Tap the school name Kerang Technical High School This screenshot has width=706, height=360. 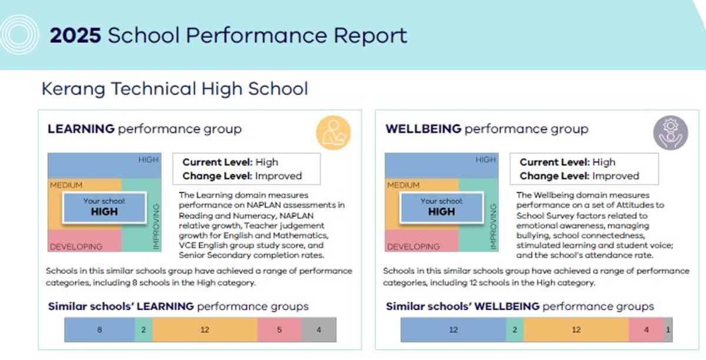point(175,89)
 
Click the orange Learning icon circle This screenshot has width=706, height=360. point(333,132)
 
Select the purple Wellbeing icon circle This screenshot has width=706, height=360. point(670,132)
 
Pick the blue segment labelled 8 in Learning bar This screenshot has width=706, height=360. point(99,330)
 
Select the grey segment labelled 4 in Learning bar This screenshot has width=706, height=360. point(319,330)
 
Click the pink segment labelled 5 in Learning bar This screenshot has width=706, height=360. point(279,330)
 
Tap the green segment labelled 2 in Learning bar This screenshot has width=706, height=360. point(144,330)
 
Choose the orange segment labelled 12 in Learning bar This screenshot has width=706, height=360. point(205,330)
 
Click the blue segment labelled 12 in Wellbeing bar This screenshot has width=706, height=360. point(453,330)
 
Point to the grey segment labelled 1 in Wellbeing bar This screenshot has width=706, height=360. point(668,330)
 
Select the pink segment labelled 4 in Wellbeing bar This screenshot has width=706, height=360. point(646,330)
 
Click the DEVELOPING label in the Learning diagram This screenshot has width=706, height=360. point(76,246)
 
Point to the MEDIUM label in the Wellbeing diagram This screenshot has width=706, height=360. point(403,185)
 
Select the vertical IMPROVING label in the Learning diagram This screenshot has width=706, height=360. point(156,226)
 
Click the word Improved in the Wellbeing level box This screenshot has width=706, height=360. point(615,176)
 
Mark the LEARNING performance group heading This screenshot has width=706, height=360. point(145,129)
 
